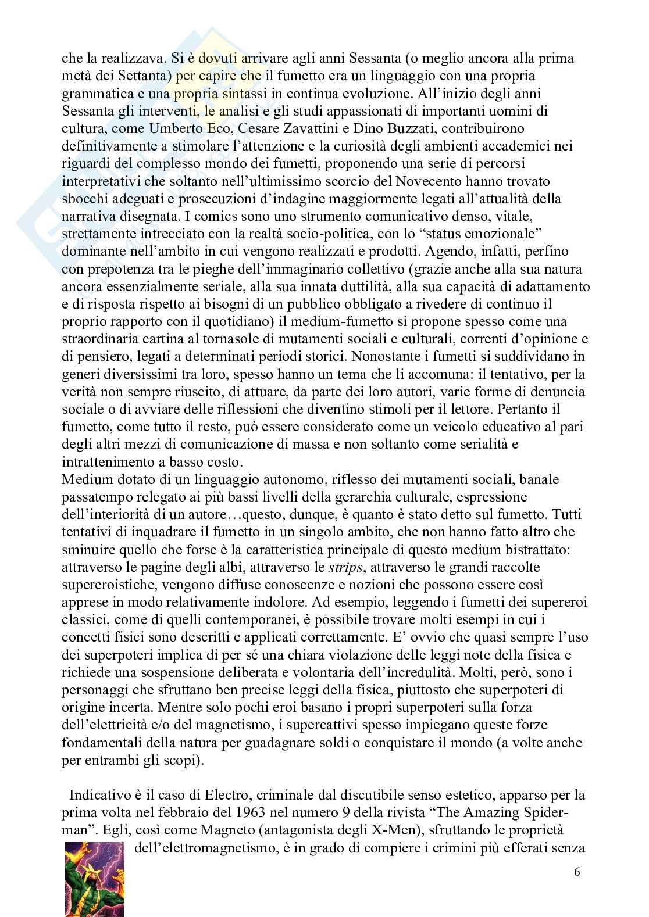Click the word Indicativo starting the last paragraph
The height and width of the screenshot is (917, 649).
tap(98, 794)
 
